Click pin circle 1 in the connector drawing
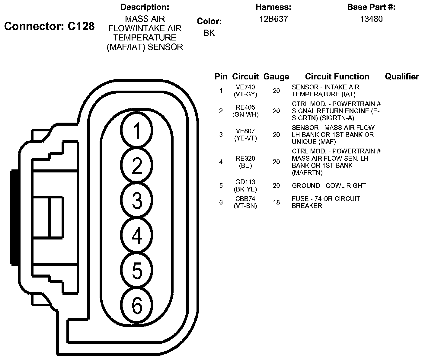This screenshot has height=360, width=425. tap(137, 130)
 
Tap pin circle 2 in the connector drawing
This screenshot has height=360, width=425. tap(137, 165)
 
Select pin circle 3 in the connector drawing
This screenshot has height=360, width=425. tap(137, 200)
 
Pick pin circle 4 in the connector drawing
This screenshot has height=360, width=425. tap(137, 235)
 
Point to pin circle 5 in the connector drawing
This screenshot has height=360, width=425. tap(137, 270)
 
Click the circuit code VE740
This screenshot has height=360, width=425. tap(245, 87)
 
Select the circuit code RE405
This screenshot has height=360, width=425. tap(245, 108)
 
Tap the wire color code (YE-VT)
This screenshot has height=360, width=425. tap(245, 138)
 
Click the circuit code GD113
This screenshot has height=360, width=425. tap(245, 182)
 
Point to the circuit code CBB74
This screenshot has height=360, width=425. tap(245, 199)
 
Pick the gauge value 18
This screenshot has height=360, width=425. tap(276, 202)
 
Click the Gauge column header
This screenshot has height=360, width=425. tap(276, 77)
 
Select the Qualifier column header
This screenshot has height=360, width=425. tap(402, 77)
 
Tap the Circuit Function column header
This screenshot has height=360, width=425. tap(337, 77)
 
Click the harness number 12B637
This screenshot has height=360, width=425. tap(273, 19)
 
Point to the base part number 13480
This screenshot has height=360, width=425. tap(371, 19)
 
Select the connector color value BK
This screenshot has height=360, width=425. tap(209, 33)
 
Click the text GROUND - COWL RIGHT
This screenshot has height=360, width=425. tap(329, 185)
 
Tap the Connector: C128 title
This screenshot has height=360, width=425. tap(50, 27)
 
